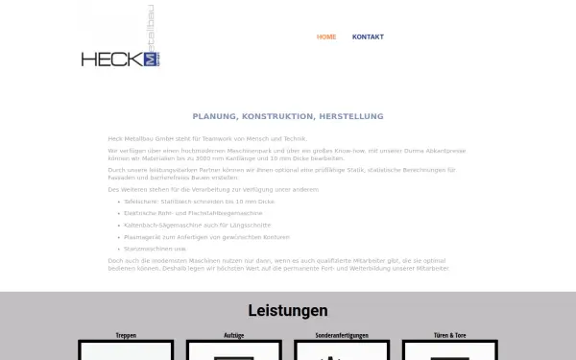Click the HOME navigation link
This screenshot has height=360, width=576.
click(326, 37)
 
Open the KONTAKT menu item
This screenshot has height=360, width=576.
click(368, 37)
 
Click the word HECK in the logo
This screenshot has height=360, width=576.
click(111, 60)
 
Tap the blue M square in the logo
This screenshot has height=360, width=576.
click(150, 60)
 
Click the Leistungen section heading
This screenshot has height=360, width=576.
click(287, 311)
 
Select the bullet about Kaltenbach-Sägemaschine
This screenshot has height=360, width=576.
click(191, 225)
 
